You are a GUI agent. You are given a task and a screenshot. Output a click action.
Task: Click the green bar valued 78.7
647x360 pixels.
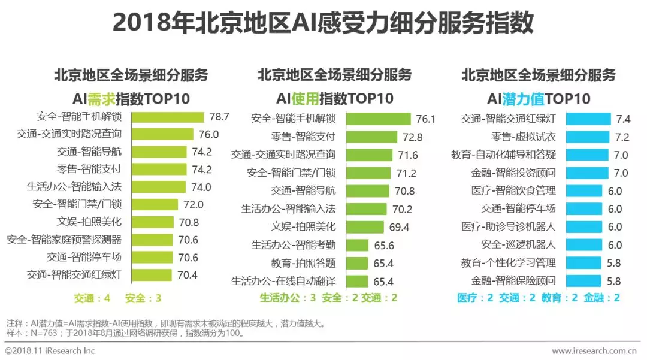coord(168,116)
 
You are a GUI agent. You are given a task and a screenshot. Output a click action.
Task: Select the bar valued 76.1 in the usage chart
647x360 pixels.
coord(379,119)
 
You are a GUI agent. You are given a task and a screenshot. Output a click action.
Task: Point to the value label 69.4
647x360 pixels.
coord(398,228)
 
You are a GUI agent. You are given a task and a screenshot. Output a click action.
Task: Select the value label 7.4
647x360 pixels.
coord(622,119)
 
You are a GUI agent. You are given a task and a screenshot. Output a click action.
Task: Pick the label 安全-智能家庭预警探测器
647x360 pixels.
coord(65,240)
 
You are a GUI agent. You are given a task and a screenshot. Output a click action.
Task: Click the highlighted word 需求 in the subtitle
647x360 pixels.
coord(102,98)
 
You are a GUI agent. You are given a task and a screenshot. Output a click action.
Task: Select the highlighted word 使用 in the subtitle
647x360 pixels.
coord(305,98)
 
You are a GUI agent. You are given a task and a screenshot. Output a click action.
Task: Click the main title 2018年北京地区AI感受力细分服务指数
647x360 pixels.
coord(323,23)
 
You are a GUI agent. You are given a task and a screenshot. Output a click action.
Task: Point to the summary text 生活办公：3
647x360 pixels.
coord(288,298)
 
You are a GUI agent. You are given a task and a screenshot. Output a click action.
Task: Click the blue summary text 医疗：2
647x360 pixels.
coord(476,298)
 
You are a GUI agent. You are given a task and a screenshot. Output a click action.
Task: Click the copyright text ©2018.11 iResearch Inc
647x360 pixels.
coord(50,351)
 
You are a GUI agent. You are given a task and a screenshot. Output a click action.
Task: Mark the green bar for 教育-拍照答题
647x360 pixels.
coord(357,263)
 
